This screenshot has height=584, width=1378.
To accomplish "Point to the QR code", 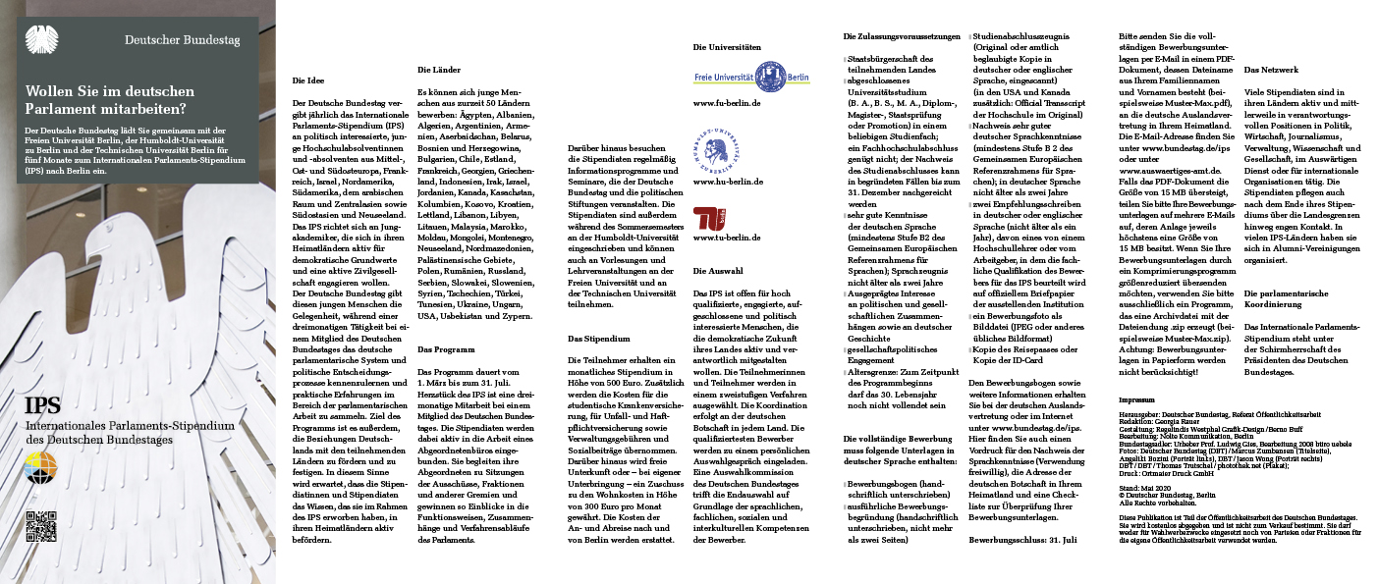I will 41,527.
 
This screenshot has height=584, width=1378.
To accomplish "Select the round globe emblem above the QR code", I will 41,470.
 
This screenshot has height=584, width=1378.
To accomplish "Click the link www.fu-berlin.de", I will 727,102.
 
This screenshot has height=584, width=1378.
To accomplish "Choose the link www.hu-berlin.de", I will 727,183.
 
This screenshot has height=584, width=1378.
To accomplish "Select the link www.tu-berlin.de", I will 727,238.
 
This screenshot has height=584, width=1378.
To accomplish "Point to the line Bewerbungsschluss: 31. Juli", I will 1022,540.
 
